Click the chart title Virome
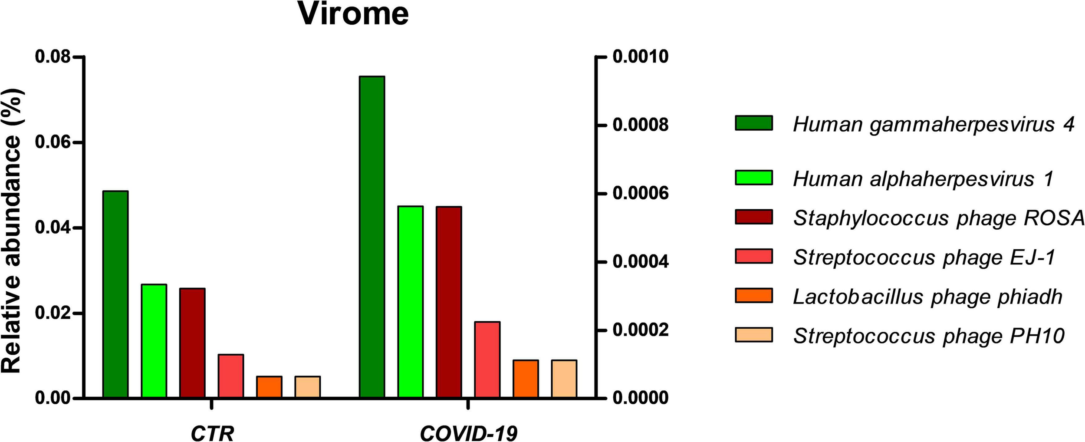(x=353, y=14)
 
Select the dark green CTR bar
(x=115, y=294)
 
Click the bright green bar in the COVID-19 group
(x=410, y=302)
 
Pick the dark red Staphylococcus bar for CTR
(x=192, y=343)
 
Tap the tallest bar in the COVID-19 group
(x=372, y=237)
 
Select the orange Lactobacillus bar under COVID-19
(x=526, y=379)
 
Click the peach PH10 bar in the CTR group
(x=308, y=387)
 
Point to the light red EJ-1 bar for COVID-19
(x=487, y=360)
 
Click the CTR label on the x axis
(x=212, y=433)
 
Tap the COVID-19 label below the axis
(x=469, y=433)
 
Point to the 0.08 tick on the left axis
(x=53, y=57)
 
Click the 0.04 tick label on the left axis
(x=53, y=228)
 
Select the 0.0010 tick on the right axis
(x=640, y=57)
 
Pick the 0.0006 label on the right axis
(x=640, y=194)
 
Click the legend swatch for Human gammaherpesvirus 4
(x=754, y=123)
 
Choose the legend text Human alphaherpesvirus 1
(x=923, y=179)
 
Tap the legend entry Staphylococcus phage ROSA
(x=938, y=218)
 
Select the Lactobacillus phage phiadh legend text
(x=927, y=297)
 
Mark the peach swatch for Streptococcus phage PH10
(x=754, y=335)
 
